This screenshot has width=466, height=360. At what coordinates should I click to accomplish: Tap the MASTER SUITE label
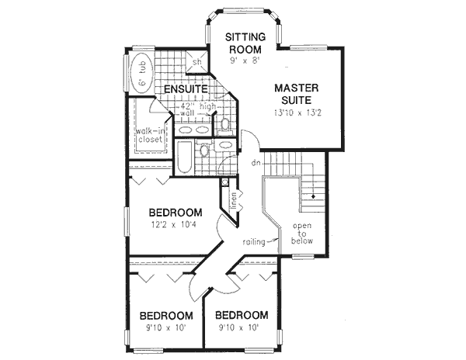[x=298, y=93]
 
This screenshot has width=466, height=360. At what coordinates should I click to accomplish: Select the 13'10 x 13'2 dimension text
[x=298, y=113]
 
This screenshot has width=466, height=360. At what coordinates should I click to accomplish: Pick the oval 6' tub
[x=141, y=74]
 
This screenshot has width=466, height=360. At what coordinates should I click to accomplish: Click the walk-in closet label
[x=149, y=136]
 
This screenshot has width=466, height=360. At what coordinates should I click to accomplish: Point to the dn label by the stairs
[x=254, y=162]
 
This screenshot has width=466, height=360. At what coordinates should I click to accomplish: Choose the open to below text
[x=302, y=234]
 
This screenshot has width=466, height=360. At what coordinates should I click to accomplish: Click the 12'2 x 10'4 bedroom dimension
[x=175, y=226]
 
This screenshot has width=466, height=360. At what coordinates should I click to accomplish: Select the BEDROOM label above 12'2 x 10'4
[x=176, y=213]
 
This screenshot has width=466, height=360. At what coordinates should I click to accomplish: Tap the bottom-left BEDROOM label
[x=165, y=316]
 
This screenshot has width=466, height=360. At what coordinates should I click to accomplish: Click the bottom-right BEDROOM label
[x=242, y=316]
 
